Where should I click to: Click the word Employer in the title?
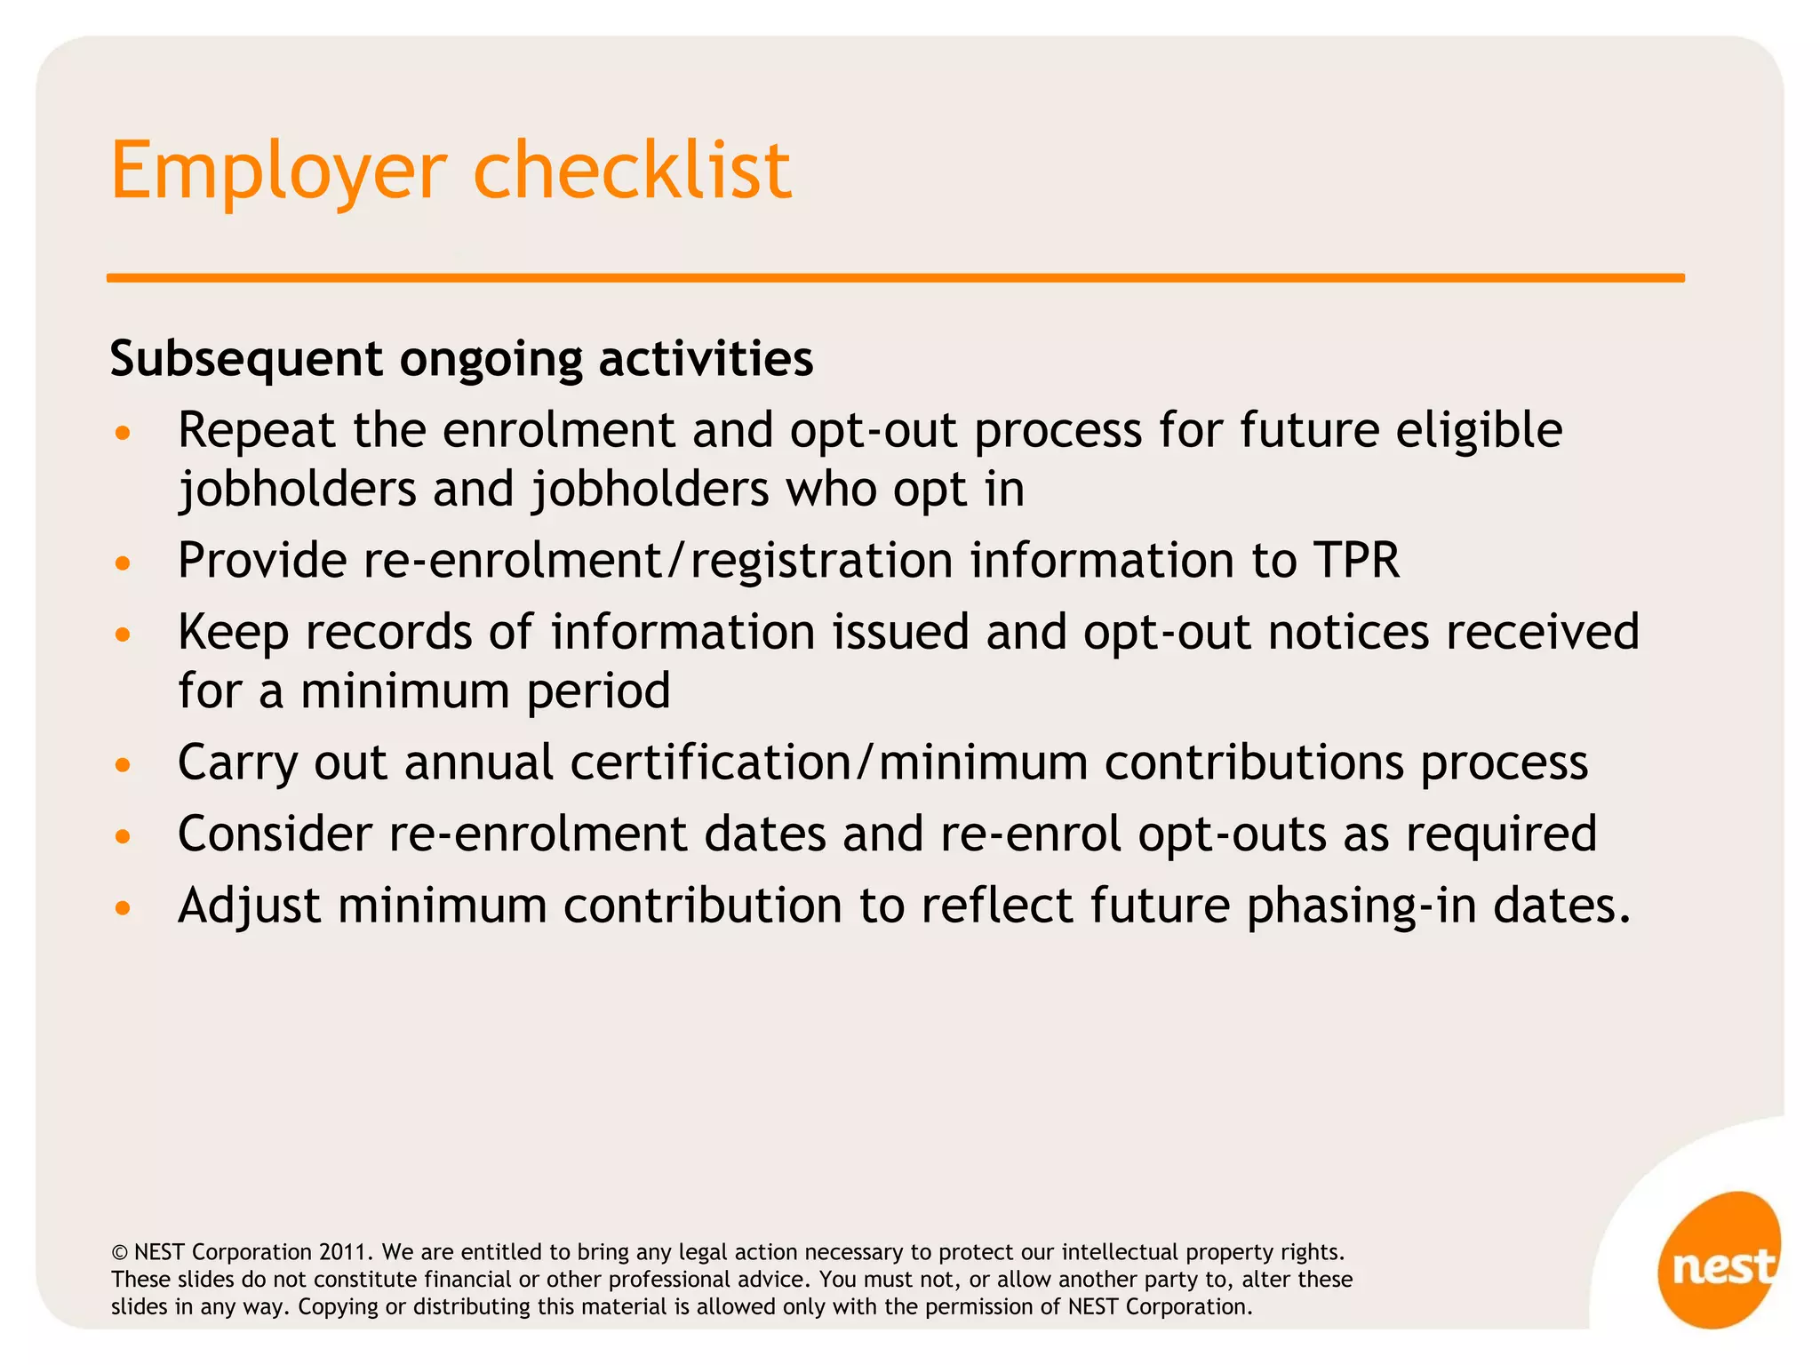[278, 172]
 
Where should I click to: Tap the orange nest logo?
[1720, 1262]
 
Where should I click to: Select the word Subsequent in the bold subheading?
[246, 360]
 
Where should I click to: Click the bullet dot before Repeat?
[123, 434]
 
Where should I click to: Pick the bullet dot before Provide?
[123, 563]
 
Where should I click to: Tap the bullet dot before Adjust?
[123, 908]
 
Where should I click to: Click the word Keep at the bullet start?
[233, 633]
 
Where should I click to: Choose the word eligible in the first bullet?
[1479, 430]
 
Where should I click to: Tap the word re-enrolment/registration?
[658, 561]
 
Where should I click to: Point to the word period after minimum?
[598, 691]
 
